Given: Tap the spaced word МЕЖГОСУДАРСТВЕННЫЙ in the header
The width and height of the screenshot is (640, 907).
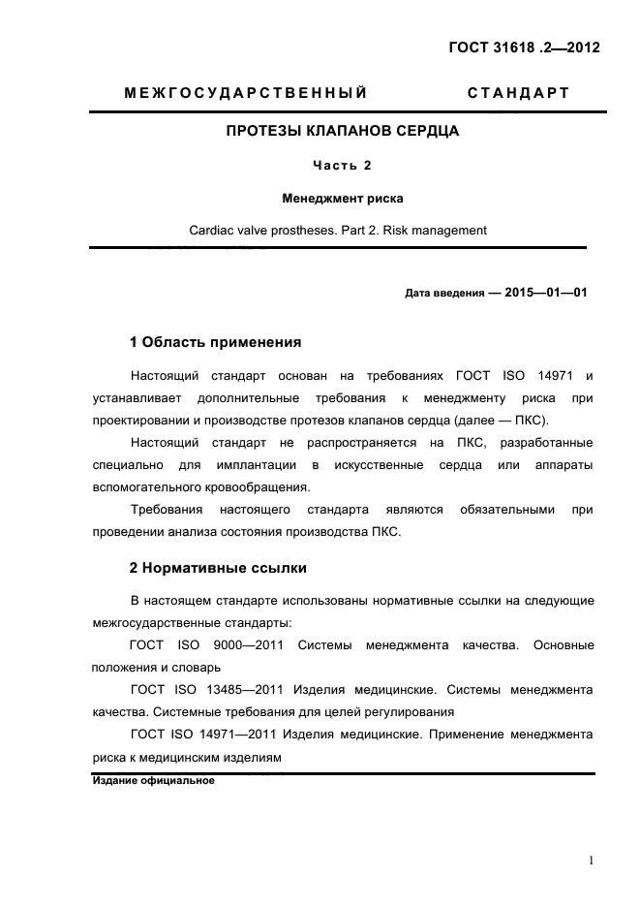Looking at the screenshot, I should pyautogui.click(x=246, y=94).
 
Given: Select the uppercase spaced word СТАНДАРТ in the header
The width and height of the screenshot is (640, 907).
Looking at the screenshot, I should pyautogui.click(x=518, y=94).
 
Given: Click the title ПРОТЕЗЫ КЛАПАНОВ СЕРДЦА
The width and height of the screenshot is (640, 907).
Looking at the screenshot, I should pyautogui.click(x=342, y=130).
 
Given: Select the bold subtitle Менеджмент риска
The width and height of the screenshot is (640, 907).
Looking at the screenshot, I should pyautogui.click(x=342, y=198).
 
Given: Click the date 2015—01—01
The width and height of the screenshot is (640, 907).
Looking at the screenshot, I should pyautogui.click(x=546, y=292).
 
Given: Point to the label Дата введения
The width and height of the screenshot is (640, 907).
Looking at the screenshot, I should pyautogui.click(x=444, y=293).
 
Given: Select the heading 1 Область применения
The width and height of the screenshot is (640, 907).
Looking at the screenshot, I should pyautogui.click(x=215, y=342).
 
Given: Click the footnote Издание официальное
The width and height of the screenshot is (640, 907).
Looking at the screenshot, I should pyautogui.click(x=153, y=781).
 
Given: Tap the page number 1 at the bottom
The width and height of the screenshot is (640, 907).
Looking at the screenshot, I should pyautogui.click(x=590, y=860).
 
